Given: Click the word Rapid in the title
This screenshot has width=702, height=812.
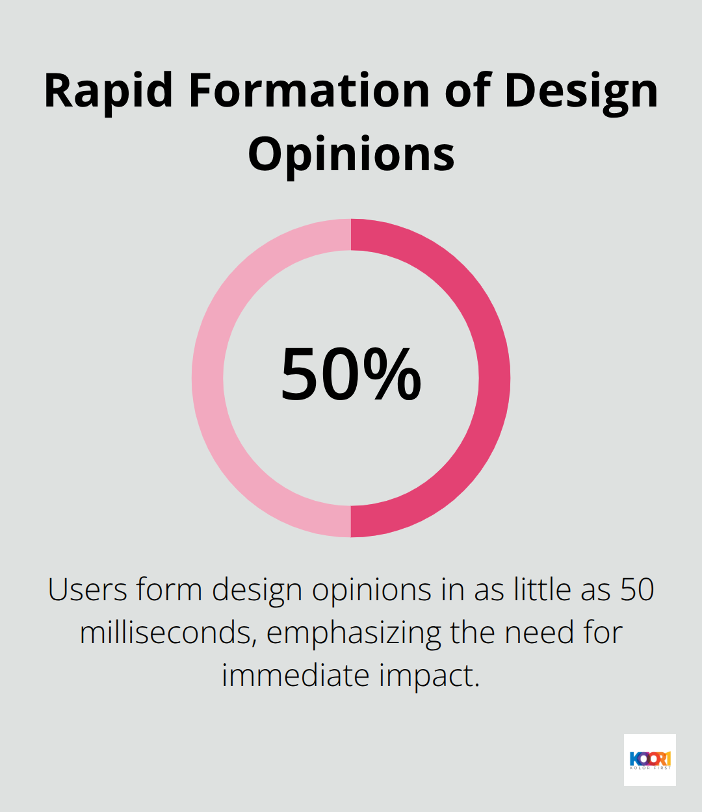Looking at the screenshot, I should coord(108,91).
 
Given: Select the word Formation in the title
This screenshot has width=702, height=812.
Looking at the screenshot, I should coord(309,91).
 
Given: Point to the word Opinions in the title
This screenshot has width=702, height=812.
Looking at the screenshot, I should coord(351,155).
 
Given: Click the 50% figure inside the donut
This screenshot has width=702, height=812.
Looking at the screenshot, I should coord(351,375).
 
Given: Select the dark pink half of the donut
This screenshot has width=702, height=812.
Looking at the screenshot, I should coord(494,378).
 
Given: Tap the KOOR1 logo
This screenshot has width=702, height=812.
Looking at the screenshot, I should coord(649,759).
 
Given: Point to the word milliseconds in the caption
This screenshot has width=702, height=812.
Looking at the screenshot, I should coord(166,633).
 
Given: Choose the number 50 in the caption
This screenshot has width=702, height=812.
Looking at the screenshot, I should coord(636,590).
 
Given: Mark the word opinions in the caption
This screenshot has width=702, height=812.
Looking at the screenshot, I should coord(372,590).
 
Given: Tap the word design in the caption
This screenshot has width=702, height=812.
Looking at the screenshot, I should coord(257,590).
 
